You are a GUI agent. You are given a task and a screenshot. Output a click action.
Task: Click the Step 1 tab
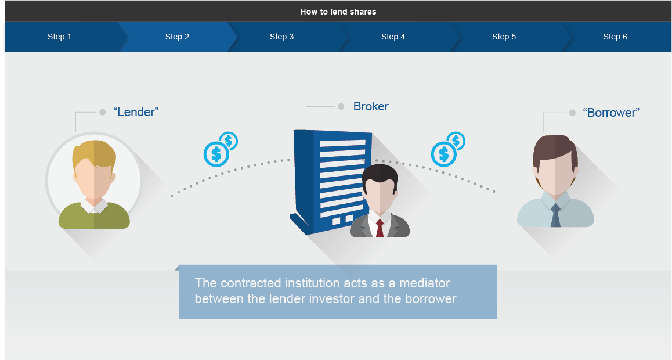point(60,37)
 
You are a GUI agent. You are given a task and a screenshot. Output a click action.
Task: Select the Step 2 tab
point(177,37)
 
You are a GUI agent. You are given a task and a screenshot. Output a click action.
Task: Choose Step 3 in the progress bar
point(281,37)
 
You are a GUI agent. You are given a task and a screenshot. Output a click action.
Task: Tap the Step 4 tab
point(393,37)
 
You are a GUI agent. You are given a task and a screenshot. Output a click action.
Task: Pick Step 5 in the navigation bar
point(504,37)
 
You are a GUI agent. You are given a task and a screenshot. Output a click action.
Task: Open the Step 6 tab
point(615,37)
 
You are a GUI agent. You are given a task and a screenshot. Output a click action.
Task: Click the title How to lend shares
point(338,12)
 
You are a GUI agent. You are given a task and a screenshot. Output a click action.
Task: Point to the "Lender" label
point(136,112)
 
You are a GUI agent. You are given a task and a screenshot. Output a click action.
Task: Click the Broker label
point(371,106)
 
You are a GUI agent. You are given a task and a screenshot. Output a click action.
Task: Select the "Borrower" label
point(611,113)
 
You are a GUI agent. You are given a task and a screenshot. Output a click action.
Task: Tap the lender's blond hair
point(94,154)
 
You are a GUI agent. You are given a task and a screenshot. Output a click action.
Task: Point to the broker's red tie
point(380,228)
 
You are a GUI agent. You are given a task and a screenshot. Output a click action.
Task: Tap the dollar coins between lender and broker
point(221,149)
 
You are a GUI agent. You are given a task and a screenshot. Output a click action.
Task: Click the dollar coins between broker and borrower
point(448,149)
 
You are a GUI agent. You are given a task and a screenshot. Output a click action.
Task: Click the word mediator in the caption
point(424,283)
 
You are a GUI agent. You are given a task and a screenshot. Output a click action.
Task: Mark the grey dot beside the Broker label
point(341,106)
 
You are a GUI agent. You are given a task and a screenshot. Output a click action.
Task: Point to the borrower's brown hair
point(555,150)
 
